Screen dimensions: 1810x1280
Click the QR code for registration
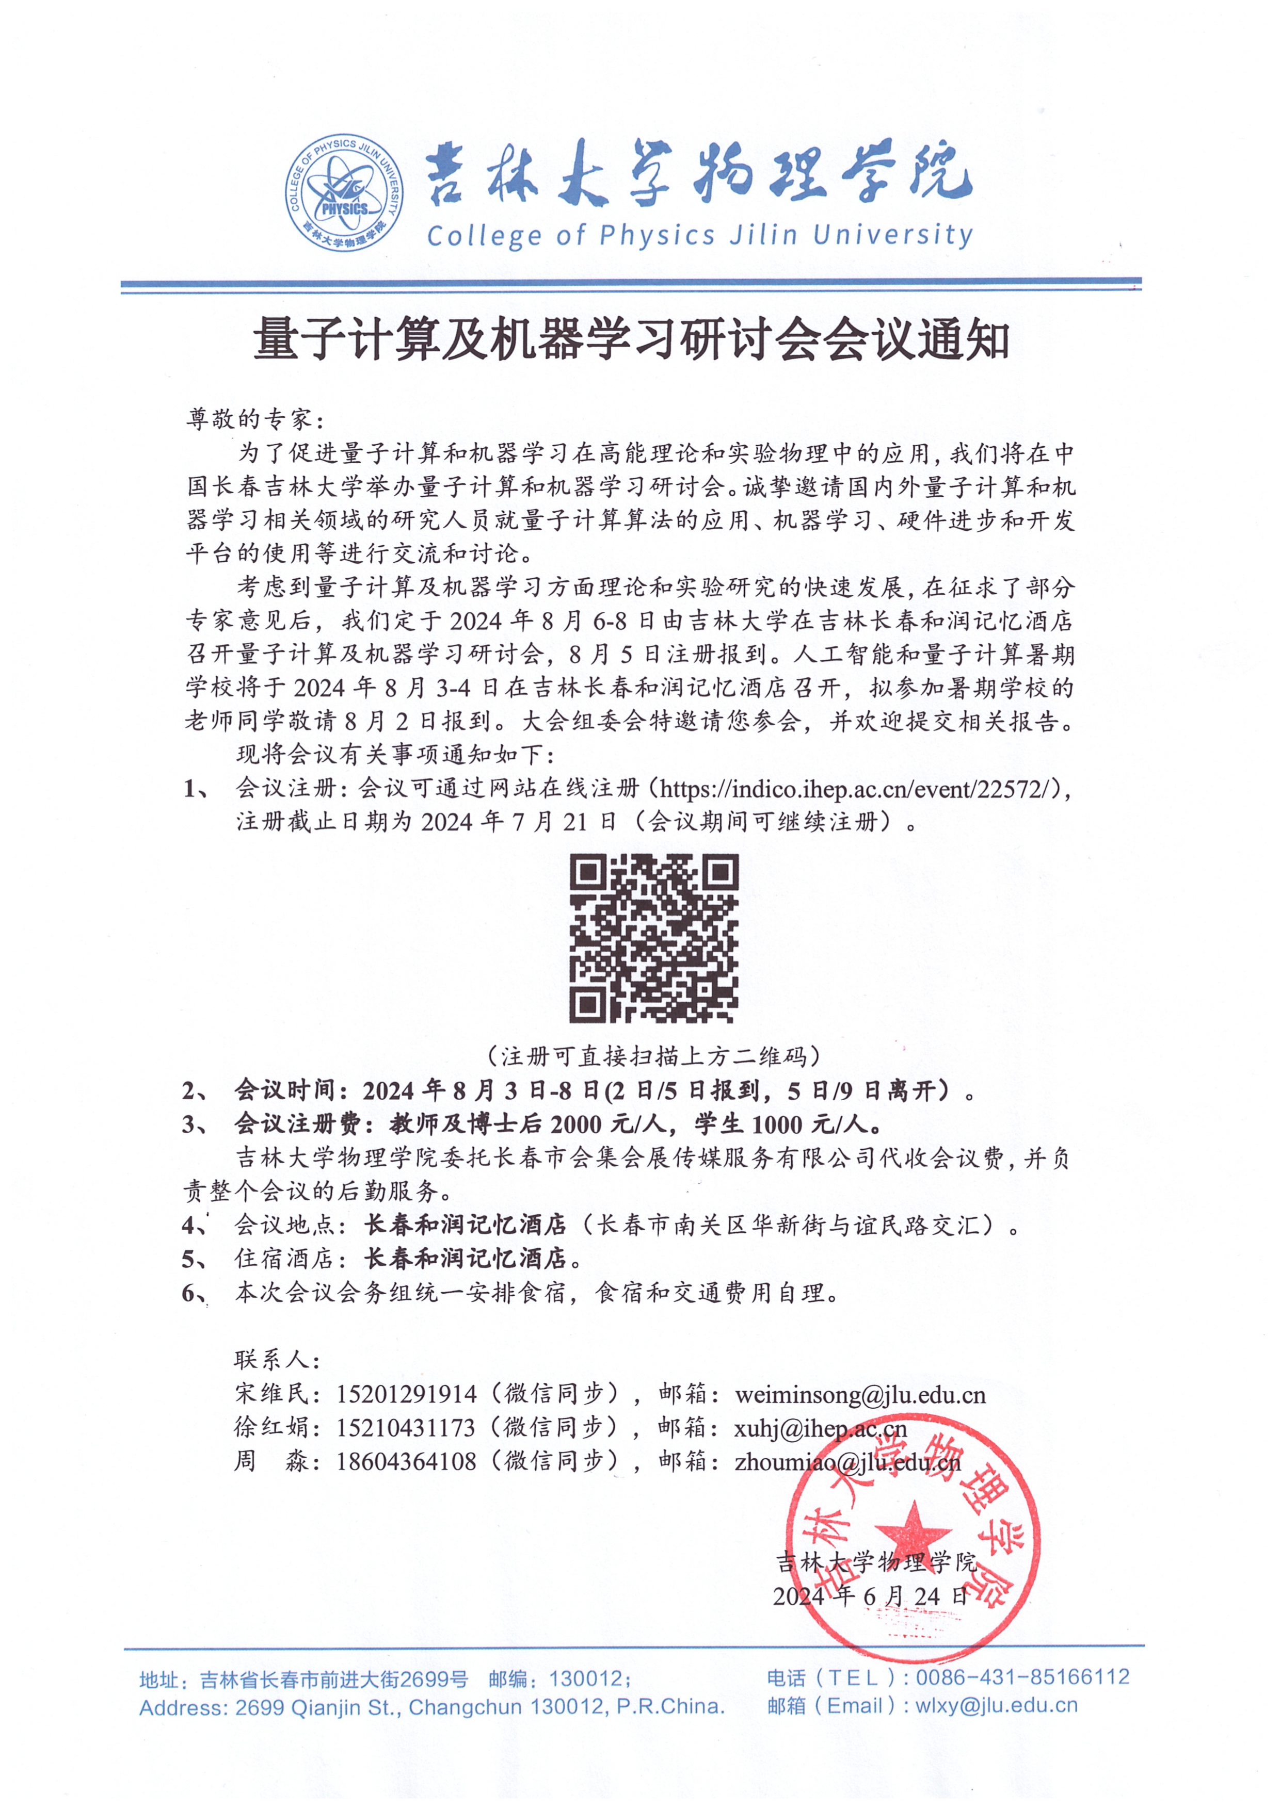[654, 938]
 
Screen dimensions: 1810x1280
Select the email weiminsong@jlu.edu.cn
[860, 1395]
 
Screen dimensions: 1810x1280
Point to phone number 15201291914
[406, 1395]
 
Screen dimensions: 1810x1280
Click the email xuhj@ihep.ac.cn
[820, 1428]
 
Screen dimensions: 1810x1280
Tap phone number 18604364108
[406, 1461]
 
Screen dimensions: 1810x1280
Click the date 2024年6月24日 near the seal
[870, 1596]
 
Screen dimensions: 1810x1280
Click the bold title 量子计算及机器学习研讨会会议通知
[631, 340]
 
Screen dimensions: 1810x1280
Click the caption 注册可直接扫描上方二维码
[654, 1055]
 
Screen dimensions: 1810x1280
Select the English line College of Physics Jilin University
[699, 235]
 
